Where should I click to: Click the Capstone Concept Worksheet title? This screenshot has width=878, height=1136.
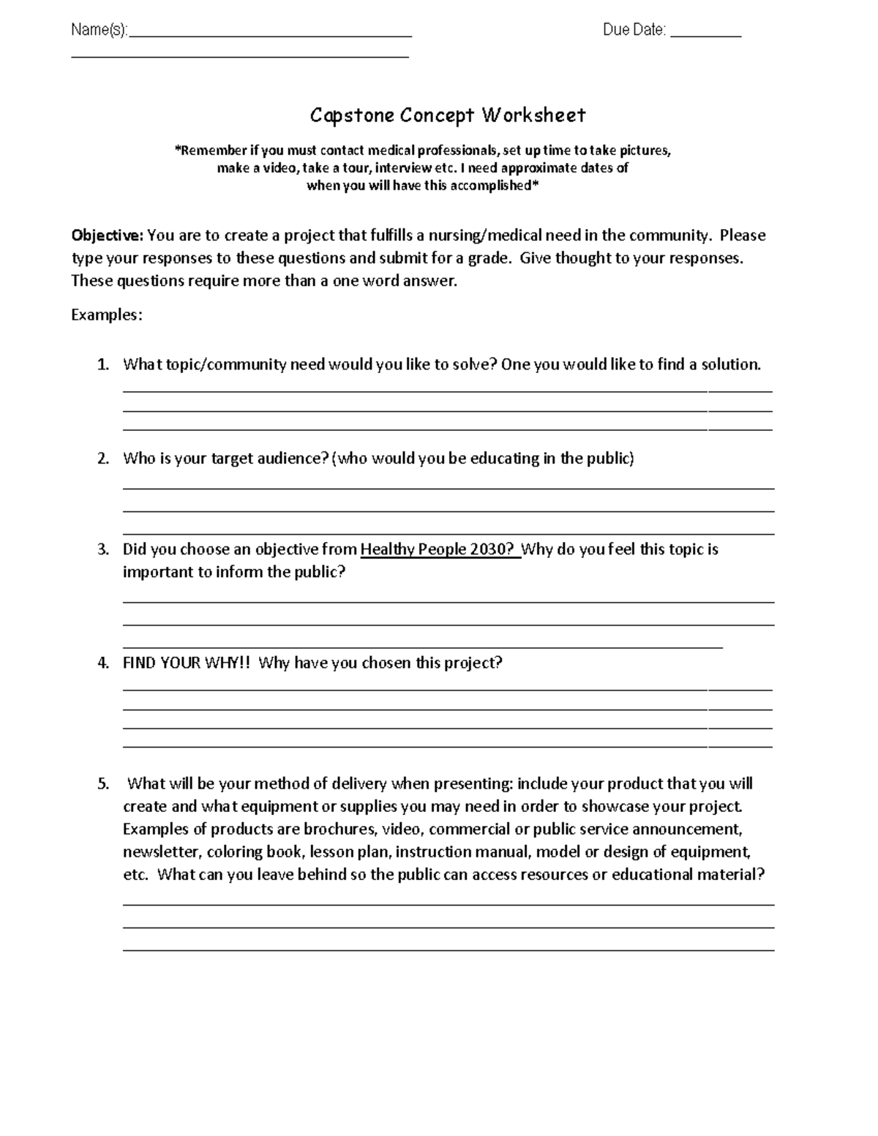[447, 116]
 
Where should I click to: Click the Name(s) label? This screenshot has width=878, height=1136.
[99, 30]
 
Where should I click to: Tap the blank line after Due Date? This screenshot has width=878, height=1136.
[705, 32]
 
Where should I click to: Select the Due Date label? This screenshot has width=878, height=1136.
[634, 30]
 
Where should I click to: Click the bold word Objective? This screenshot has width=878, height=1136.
[108, 236]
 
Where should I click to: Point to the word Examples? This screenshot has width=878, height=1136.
[107, 315]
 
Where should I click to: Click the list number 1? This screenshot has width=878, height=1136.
[102, 364]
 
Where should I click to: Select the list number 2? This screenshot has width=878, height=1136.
[102, 459]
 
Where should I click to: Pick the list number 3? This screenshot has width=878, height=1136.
[102, 549]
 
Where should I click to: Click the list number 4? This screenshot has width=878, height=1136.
[102, 663]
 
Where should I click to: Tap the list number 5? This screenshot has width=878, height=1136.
[102, 784]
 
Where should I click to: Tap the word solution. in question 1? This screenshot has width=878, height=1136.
[731, 364]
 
